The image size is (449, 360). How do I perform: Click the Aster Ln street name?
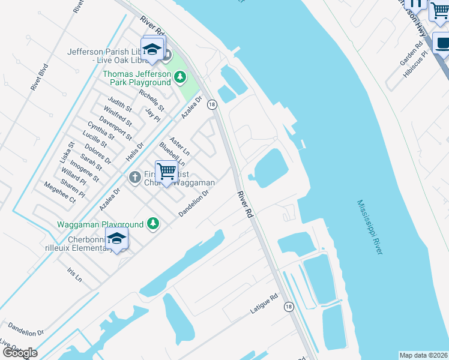(x=179, y=145)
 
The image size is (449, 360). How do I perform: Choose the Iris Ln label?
(x=74, y=275)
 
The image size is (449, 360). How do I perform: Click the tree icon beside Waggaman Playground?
(x=153, y=223)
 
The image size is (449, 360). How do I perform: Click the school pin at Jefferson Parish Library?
(x=152, y=50)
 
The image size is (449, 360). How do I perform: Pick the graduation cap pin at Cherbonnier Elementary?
(x=117, y=239)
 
